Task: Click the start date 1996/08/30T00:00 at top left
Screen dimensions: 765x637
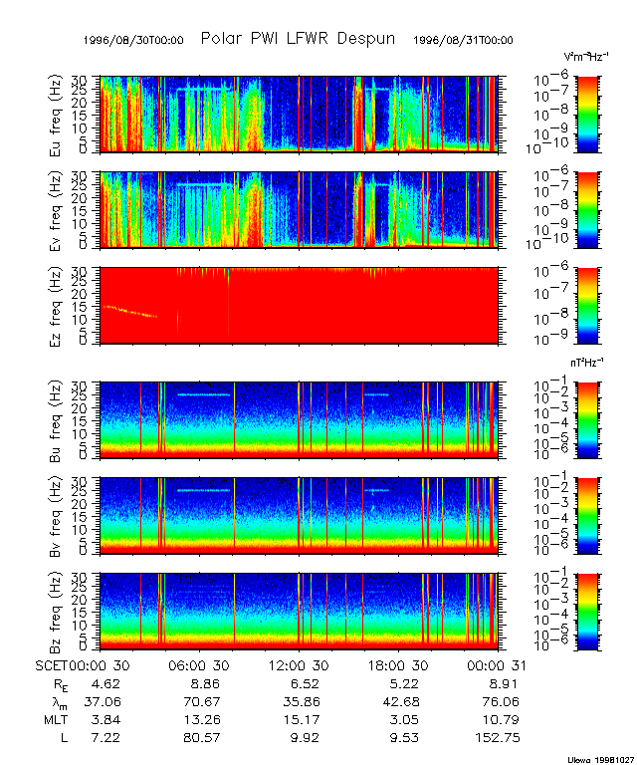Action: (133, 40)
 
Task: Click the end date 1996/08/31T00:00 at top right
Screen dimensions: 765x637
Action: (464, 40)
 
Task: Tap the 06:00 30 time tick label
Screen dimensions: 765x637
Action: (201, 665)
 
